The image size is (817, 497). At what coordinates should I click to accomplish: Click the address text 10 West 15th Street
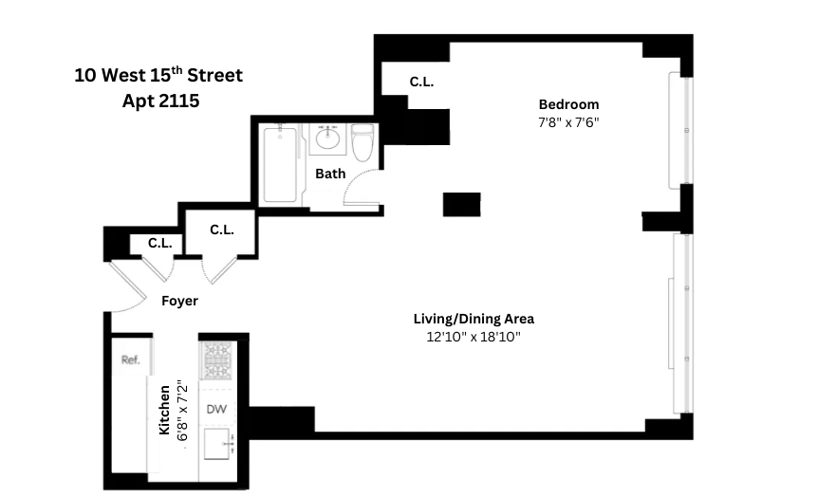tap(158, 75)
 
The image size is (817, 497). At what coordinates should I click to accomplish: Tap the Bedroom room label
tap(568, 104)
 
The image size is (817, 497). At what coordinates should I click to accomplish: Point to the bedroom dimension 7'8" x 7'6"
tap(568, 122)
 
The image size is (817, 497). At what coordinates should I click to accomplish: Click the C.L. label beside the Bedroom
tap(421, 83)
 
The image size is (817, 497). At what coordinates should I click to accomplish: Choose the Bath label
tap(330, 174)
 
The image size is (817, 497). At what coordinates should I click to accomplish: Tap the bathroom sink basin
tap(328, 140)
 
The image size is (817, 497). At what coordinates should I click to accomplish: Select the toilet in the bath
tap(362, 144)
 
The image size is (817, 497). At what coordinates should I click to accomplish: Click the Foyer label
tap(179, 301)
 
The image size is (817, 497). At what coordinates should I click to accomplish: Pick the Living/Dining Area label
tap(473, 319)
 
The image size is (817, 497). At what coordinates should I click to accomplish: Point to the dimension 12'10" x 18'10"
tap(473, 337)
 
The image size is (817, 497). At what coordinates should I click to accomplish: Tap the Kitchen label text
tap(164, 410)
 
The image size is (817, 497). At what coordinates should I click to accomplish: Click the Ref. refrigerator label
tap(130, 359)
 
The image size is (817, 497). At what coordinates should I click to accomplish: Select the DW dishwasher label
tap(216, 409)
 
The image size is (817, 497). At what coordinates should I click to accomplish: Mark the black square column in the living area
tap(462, 203)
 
